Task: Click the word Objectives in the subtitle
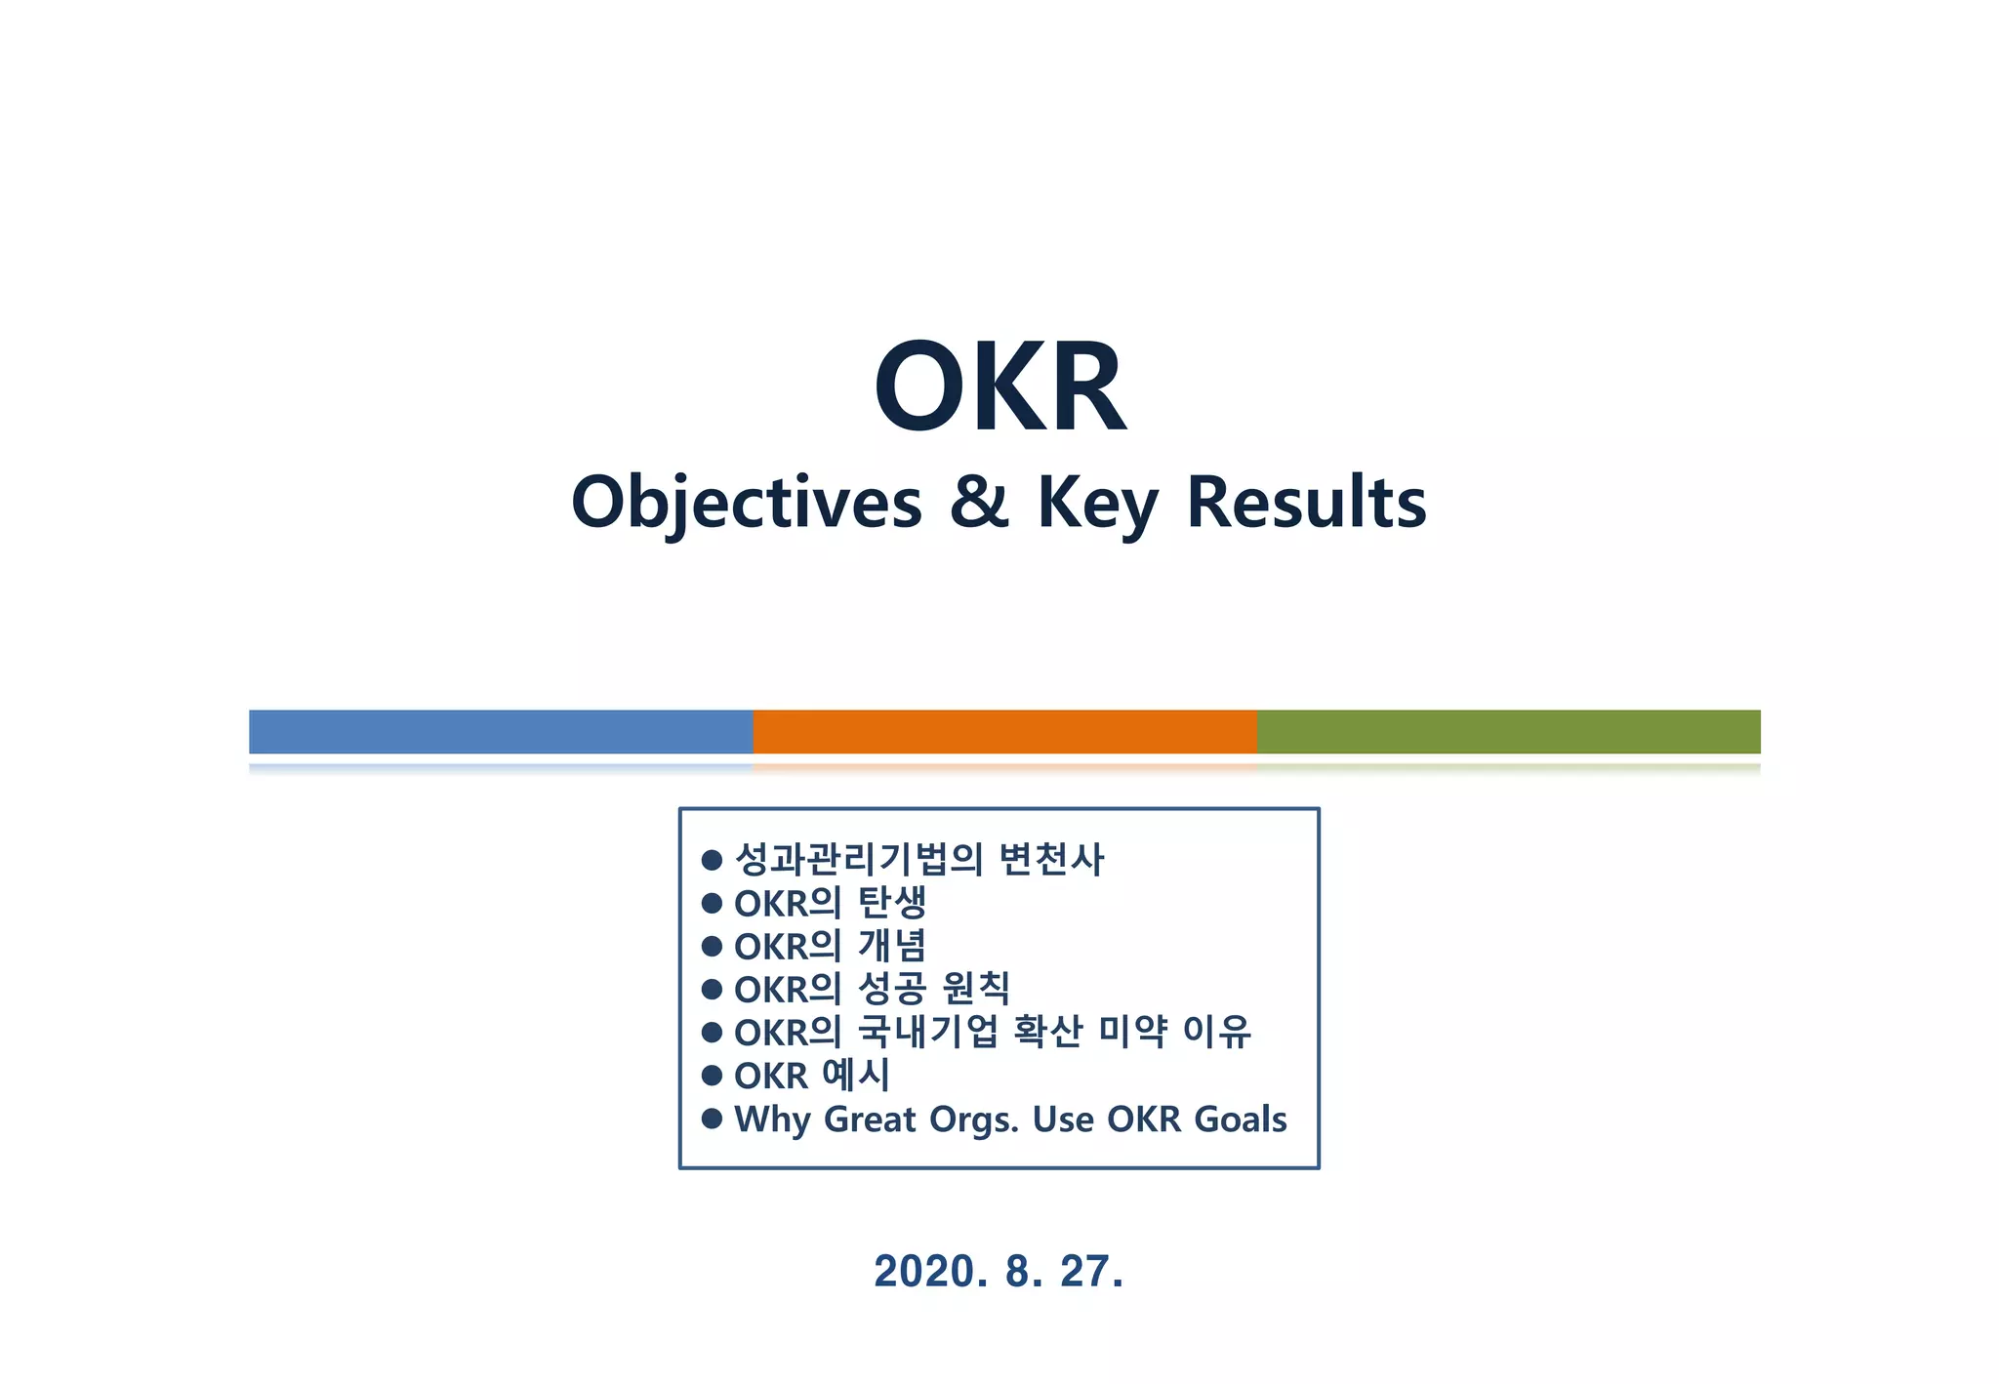point(747,503)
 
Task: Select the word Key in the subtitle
point(1097,503)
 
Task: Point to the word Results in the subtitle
point(1306,503)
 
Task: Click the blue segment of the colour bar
point(501,731)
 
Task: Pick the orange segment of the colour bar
point(1004,731)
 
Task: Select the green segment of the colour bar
point(1508,731)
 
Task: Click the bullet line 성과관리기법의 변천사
point(918,860)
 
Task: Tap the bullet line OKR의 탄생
point(830,903)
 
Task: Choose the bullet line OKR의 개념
point(830,946)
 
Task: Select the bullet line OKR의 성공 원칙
point(872,989)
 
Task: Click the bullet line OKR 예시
point(812,1076)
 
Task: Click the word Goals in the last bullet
point(1241,1119)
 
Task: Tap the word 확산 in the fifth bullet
point(1048,1032)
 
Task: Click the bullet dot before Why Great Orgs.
point(712,1118)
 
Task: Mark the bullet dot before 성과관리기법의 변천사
point(712,860)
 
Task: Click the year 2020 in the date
point(924,1271)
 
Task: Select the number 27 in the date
point(1085,1271)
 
